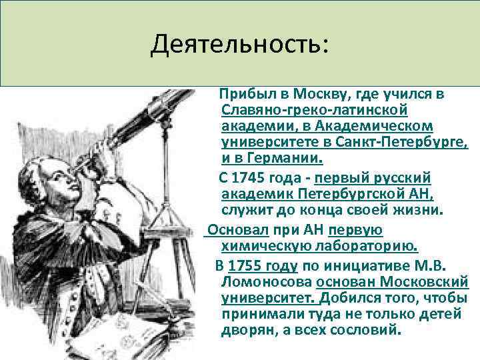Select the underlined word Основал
point(237,230)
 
